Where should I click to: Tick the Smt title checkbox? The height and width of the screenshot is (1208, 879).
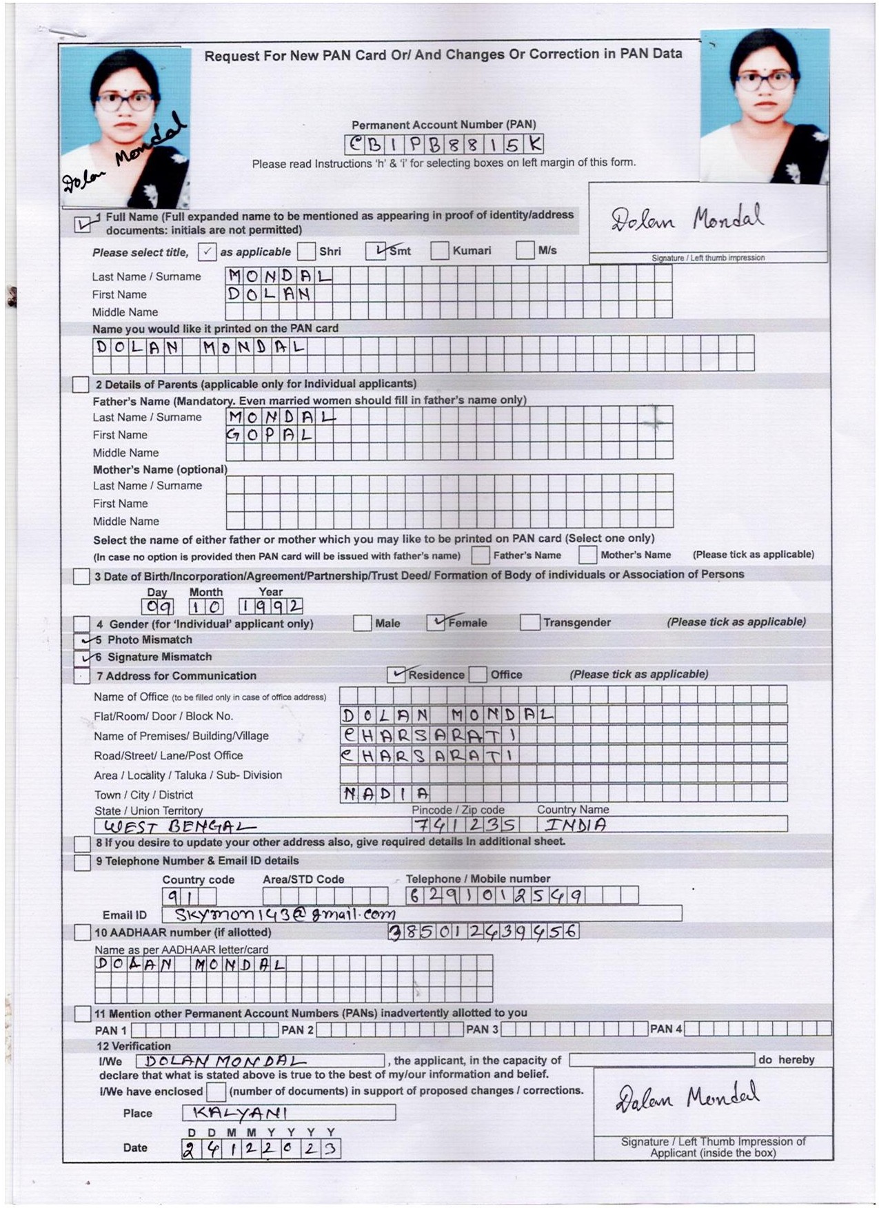click(375, 251)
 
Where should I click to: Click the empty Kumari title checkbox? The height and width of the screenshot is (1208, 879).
click(439, 251)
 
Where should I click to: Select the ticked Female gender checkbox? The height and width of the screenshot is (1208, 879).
click(436, 622)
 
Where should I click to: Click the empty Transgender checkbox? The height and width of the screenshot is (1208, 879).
click(529, 622)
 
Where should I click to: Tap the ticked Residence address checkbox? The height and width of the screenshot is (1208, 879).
click(396, 674)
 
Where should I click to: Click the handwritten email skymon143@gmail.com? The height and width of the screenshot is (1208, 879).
click(285, 914)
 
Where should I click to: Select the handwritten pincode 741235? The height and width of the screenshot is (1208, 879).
click(465, 824)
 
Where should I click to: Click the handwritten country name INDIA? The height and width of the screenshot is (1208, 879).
click(576, 824)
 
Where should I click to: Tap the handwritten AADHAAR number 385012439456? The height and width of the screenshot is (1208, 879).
click(483, 932)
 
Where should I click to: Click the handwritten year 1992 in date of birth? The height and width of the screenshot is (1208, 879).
click(270, 606)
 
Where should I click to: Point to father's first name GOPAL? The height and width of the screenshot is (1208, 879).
click(270, 435)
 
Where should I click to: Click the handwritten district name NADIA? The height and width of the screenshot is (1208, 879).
click(385, 793)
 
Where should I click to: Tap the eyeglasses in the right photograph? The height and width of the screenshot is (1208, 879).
click(765, 81)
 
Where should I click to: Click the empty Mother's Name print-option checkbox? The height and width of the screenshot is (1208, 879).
click(587, 555)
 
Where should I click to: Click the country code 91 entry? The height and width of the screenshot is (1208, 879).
click(180, 897)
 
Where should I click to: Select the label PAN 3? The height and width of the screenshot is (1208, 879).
click(482, 1029)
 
